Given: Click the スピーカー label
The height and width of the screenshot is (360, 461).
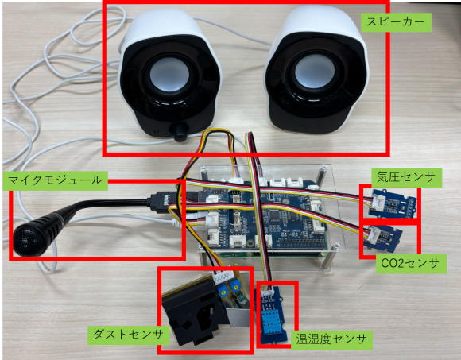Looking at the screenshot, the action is tap(396, 22).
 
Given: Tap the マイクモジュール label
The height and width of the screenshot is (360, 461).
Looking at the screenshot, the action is tap(56, 180).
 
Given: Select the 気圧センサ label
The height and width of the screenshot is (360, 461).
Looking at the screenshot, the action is tap(407, 177).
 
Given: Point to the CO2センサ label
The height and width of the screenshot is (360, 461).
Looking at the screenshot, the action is tap(411, 264).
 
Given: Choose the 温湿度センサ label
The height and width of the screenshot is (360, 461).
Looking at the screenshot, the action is tap(331, 339).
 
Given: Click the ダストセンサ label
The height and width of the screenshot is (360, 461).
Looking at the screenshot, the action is tap(129, 335).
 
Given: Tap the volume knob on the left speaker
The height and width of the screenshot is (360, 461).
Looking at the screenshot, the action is tap(180, 132).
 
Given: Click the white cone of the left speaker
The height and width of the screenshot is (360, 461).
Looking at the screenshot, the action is tap(170, 74).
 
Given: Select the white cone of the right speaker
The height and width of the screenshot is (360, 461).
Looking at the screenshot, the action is tap(315, 71).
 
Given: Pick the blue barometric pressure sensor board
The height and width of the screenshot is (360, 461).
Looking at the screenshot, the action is tap(391, 203).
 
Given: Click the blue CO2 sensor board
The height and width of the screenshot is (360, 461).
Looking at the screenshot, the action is tap(382, 238).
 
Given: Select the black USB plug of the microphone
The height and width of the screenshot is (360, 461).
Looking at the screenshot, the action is tap(161, 201).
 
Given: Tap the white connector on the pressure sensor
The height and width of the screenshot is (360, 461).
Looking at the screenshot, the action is tap(375, 202).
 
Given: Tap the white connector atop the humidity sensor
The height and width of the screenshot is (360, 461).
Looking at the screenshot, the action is tap(268, 292).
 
